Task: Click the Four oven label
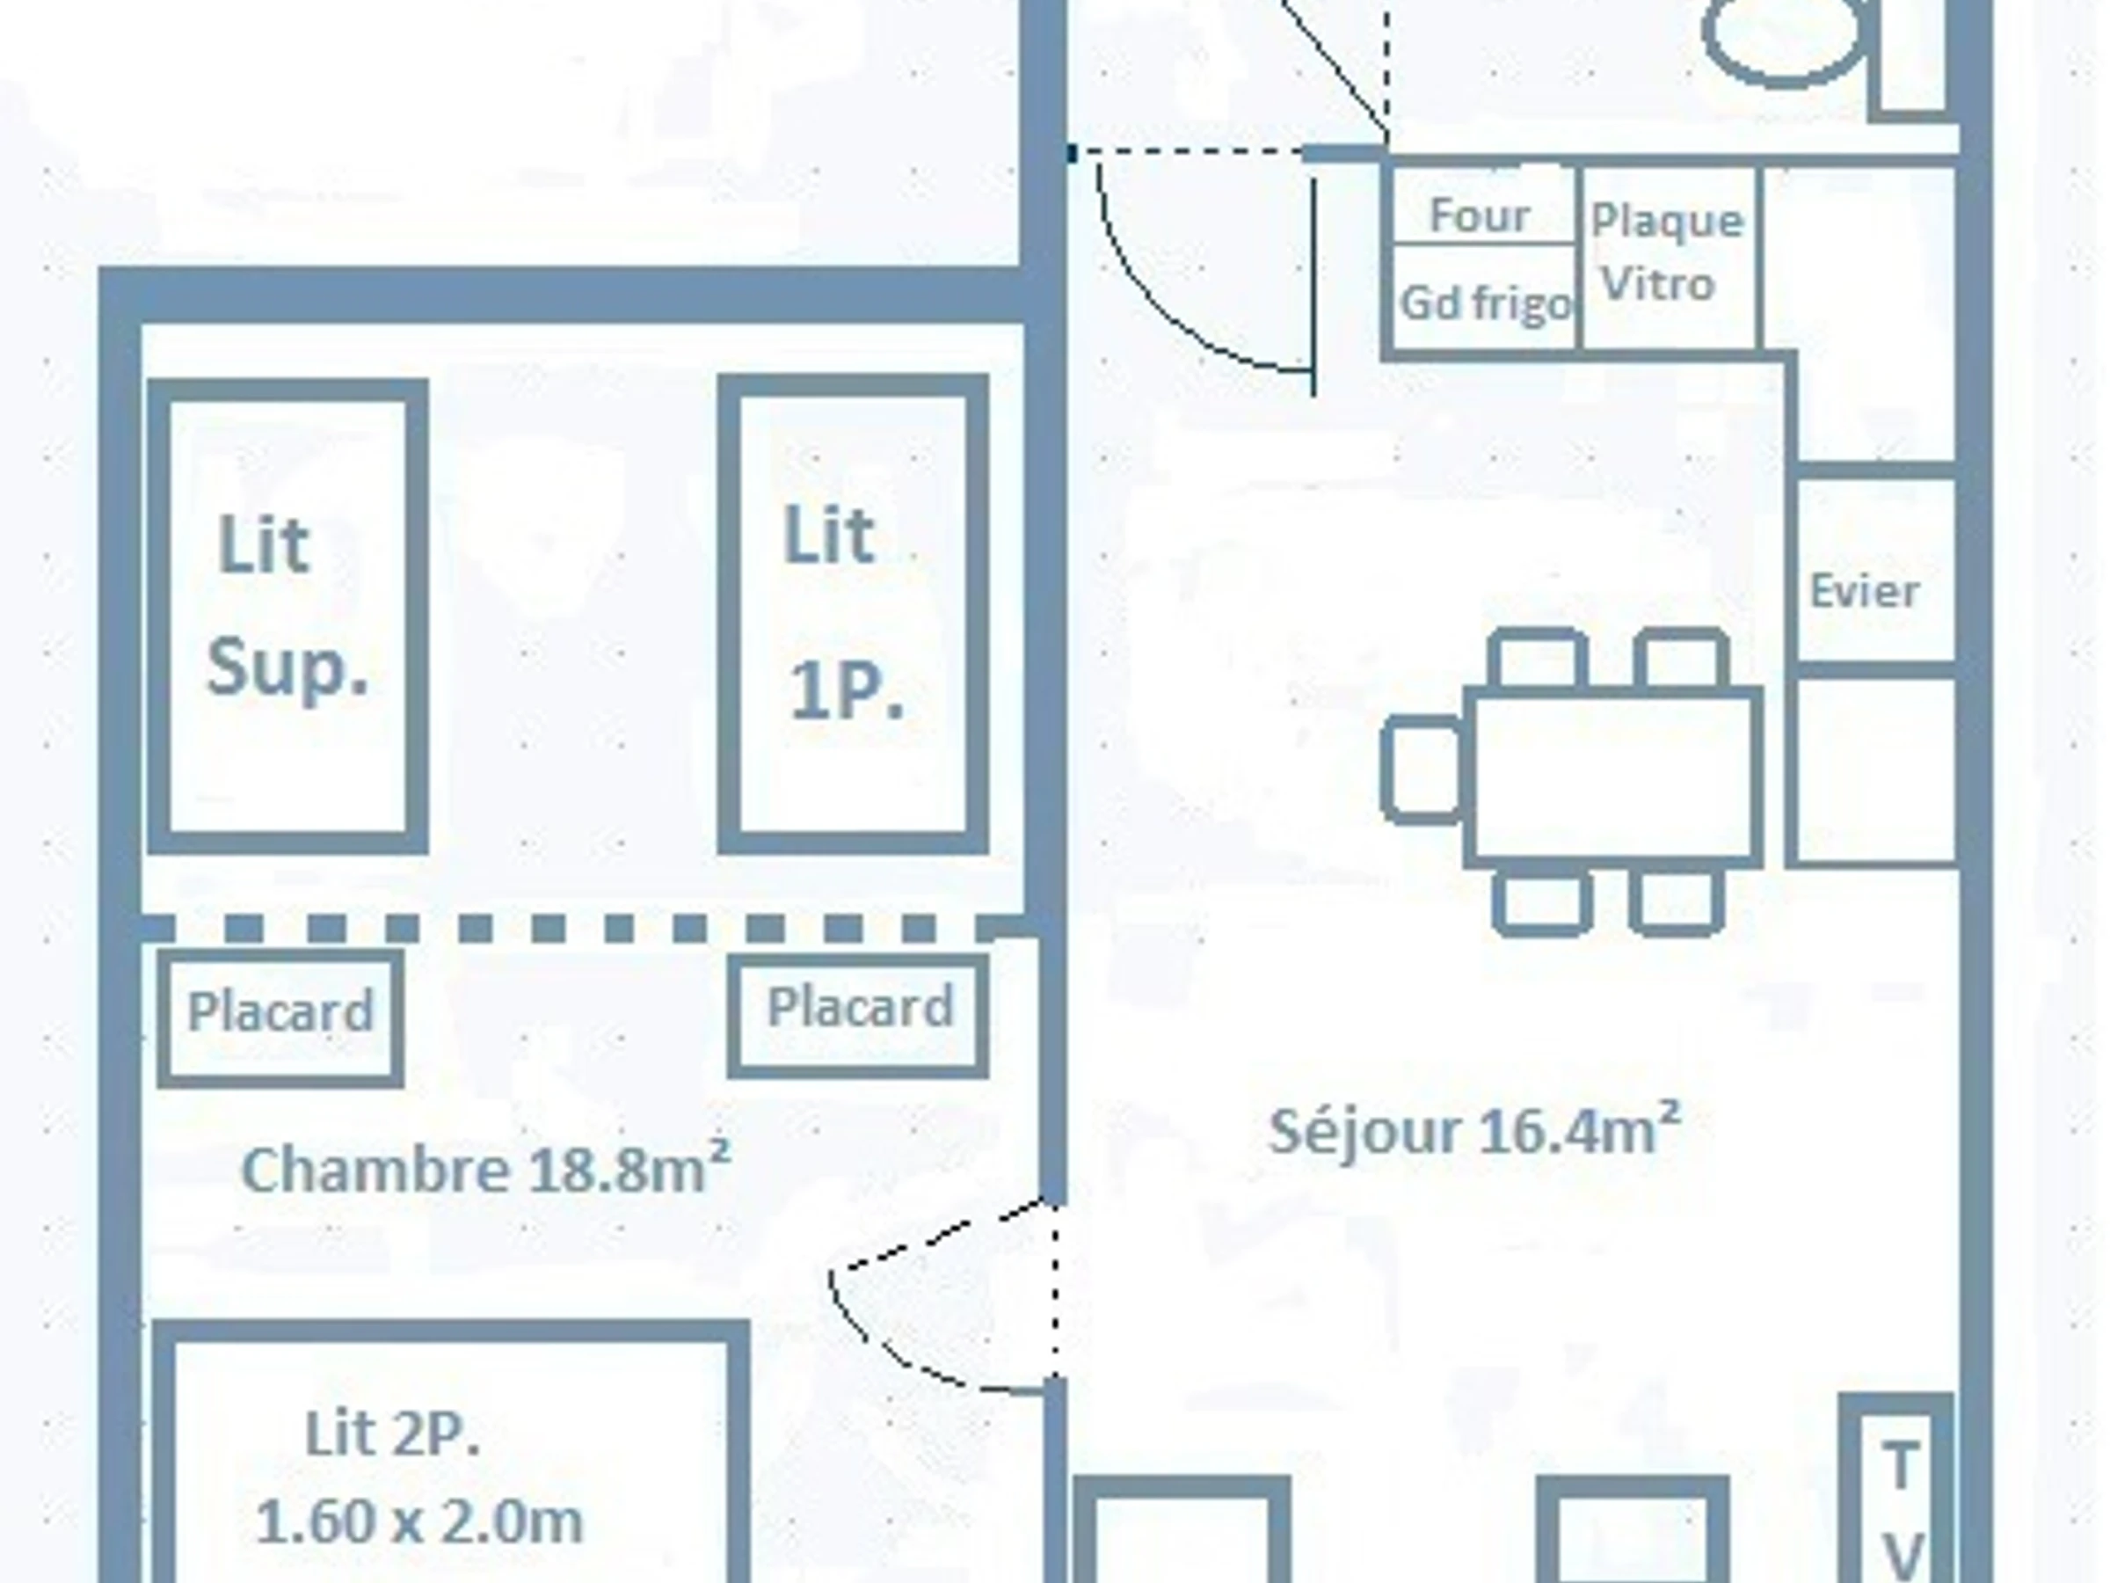[x=1480, y=215]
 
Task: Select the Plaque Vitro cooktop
[x=1670, y=258]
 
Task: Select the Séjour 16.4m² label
[x=1473, y=1131]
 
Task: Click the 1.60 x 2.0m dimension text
[x=418, y=1521]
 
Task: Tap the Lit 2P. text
[x=391, y=1434]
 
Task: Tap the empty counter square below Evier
[x=1875, y=770]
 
